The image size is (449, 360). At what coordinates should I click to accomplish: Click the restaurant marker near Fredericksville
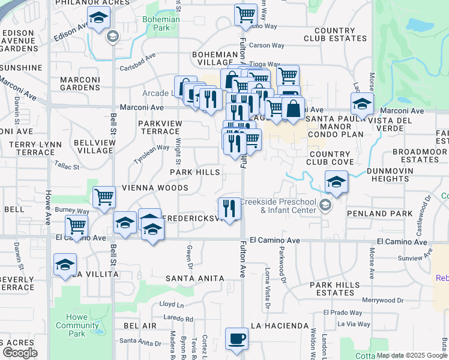(229, 208)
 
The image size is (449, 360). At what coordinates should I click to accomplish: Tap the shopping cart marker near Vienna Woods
(104, 196)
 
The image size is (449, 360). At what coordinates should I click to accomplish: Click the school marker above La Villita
(65, 265)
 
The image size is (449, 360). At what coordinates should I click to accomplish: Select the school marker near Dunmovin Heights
(336, 181)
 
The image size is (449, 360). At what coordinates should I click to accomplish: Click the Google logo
(20, 353)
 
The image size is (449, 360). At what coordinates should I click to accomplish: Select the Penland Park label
(379, 214)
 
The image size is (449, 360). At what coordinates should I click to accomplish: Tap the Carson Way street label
(267, 45)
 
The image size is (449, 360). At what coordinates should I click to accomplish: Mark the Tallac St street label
(66, 164)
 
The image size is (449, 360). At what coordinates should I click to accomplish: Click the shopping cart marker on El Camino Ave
(77, 226)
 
